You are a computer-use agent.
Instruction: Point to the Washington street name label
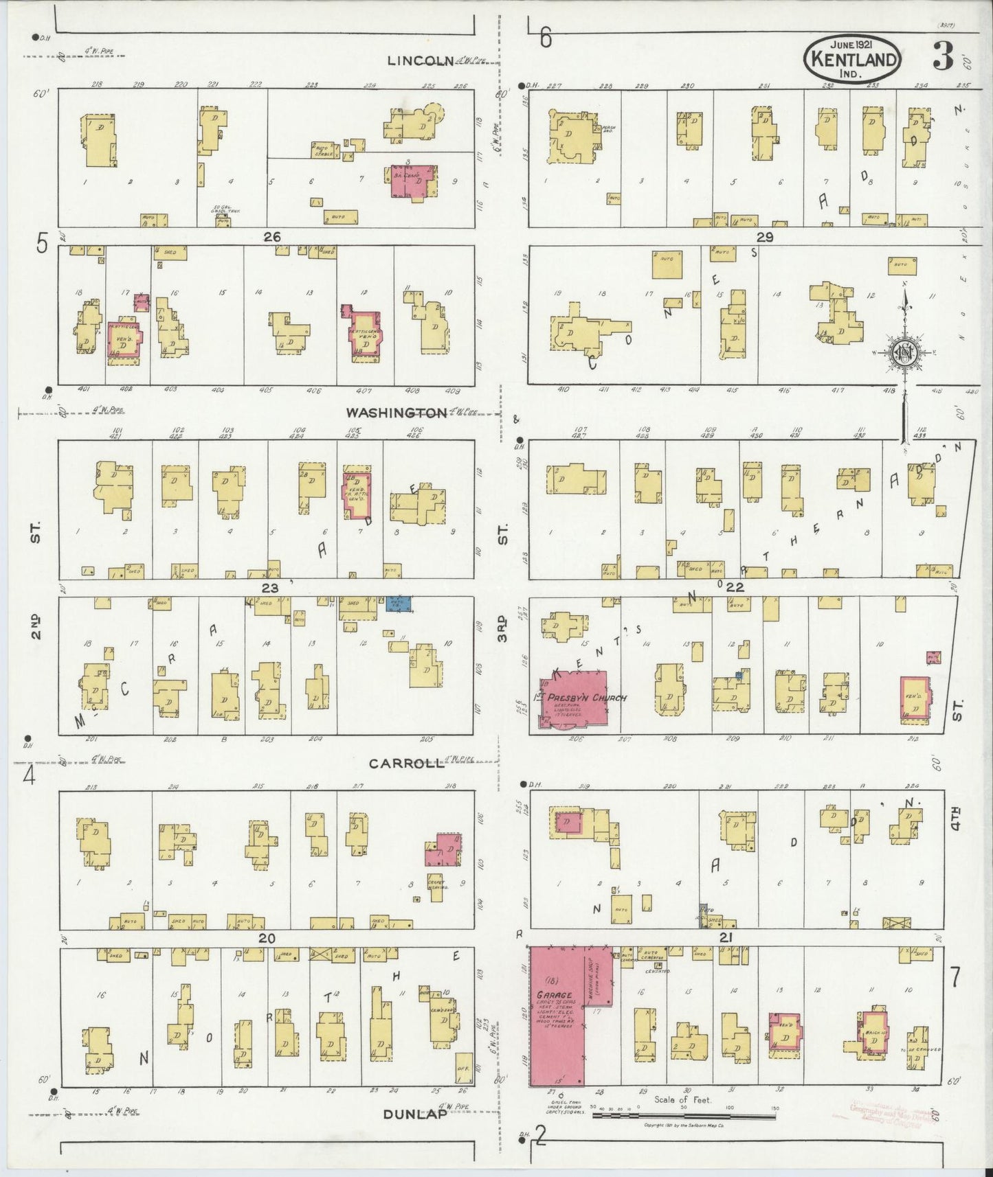396,413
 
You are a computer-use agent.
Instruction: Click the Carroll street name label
406,764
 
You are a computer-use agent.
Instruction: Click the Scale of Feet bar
684,1116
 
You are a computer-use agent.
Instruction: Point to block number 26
272,237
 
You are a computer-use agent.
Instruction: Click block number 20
267,939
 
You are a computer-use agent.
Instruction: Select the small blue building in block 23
399,604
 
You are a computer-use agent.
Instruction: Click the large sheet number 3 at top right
942,59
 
